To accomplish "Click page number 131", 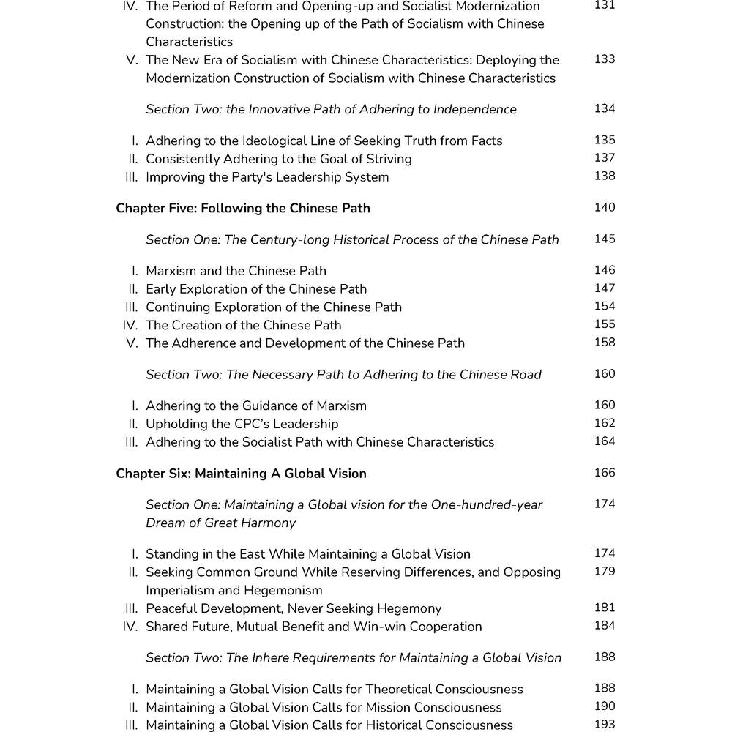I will tap(605, 5).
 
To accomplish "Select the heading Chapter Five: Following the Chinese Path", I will tap(243, 209).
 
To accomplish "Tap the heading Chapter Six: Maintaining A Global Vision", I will tap(241, 474).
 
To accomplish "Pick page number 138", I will tap(605, 176).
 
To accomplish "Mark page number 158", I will tap(605, 343).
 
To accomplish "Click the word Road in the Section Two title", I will tap(526, 375).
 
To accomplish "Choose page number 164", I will tap(605, 441).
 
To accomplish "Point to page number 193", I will tap(605, 725).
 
